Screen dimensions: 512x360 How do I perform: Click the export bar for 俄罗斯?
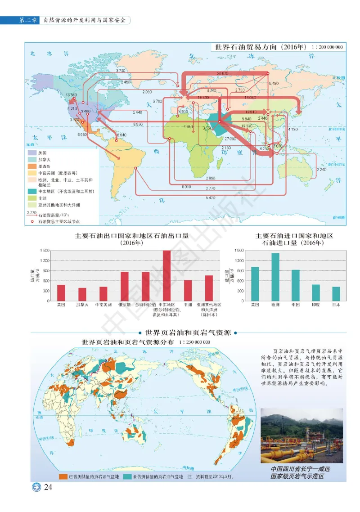click(124, 286)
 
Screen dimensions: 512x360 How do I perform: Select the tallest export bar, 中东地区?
click(166, 275)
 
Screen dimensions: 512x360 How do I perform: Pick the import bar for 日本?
click(336, 293)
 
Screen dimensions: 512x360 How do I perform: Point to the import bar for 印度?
click(316, 292)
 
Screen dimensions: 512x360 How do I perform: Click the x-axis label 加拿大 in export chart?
click(82, 305)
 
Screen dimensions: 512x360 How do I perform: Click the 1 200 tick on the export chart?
click(44, 260)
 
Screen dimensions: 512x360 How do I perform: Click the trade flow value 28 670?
click(222, 73)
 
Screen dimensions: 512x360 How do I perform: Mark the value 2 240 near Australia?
click(321, 170)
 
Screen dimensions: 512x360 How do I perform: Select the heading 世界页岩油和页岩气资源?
click(189, 333)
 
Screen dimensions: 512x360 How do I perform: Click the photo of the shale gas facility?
click(301, 436)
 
